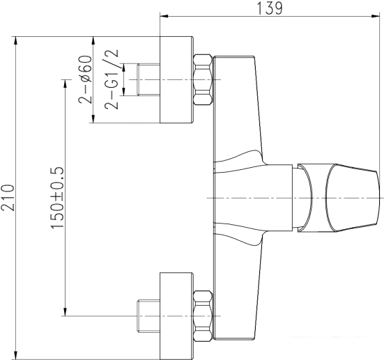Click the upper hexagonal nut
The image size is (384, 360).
pos(202,79)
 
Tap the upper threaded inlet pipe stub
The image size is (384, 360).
pos(148,79)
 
